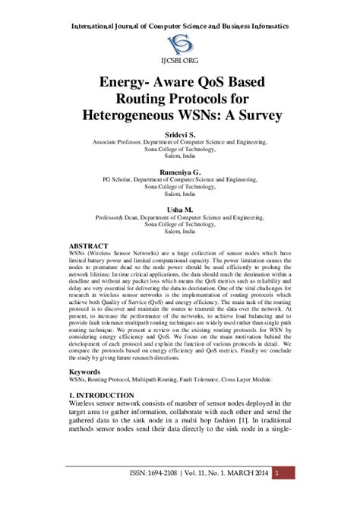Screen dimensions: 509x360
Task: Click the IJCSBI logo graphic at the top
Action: click(x=179, y=43)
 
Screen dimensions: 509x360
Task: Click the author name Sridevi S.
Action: click(x=179, y=133)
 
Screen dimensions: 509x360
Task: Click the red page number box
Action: click(x=278, y=494)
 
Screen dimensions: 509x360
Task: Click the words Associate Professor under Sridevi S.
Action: click(x=118, y=141)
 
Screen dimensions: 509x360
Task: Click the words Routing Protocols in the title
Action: click(x=179, y=99)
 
